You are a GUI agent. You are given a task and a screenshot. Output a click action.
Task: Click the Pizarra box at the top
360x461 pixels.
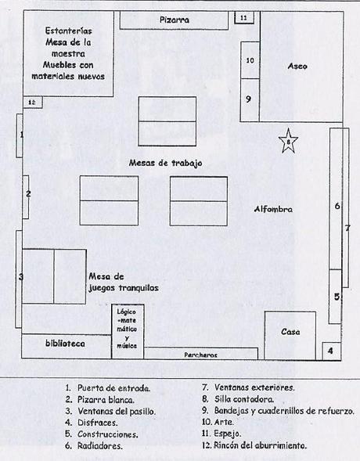point(175,20)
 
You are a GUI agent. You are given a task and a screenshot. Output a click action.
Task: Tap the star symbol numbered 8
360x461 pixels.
point(288,142)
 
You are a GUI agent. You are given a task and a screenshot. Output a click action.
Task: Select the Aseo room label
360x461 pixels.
point(297,66)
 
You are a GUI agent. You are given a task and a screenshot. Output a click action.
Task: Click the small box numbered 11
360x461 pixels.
point(244,16)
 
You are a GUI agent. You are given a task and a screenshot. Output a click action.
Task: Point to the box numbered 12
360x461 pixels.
point(32,102)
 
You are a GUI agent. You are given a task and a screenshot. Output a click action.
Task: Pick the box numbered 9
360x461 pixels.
point(249,99)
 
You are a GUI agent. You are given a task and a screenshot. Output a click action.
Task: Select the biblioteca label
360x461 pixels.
point(65,344)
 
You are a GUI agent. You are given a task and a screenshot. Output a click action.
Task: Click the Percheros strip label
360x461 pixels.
point(201,354)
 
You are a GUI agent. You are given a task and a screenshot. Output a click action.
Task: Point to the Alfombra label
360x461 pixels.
point(274,210)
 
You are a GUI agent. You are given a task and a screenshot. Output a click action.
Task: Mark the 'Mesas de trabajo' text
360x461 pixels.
point(167,163)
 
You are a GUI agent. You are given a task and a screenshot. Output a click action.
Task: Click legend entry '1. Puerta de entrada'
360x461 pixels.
point(108,387)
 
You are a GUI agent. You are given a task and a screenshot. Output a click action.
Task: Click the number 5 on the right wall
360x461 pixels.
point(336,297)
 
